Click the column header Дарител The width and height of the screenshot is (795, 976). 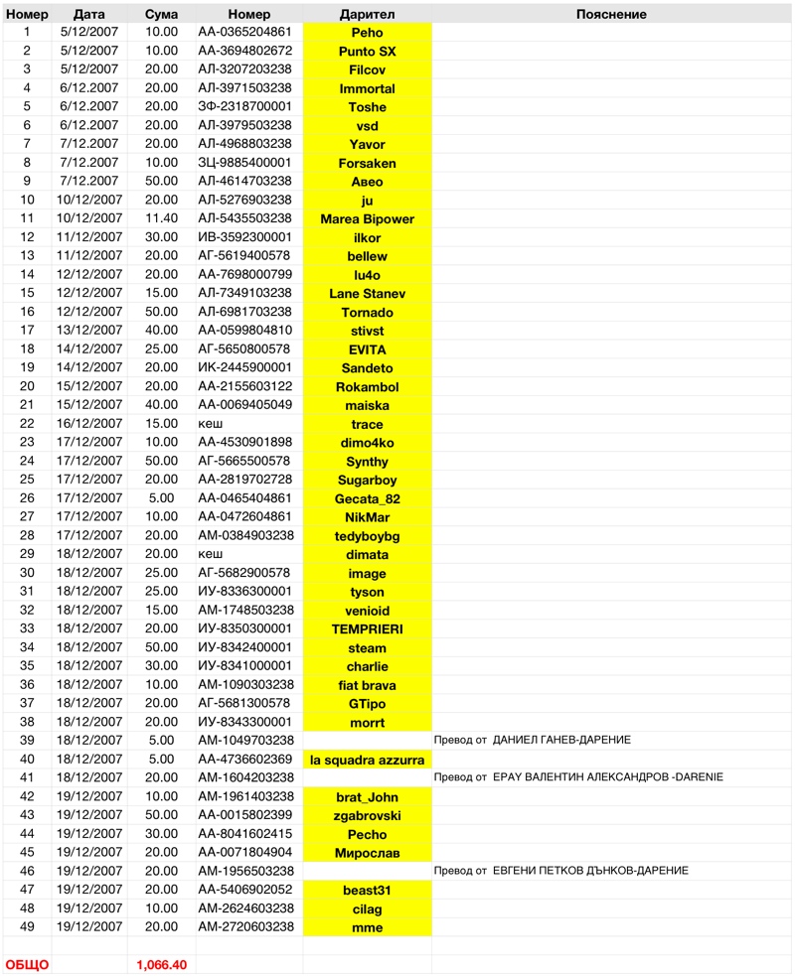point(367,14)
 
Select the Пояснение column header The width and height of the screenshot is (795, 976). point(611,14)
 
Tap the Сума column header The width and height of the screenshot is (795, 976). point(162,14)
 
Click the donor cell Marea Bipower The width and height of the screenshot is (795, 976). point(367,218)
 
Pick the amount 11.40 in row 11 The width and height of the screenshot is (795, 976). point(162,218)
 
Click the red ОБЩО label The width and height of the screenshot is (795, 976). point(28,964)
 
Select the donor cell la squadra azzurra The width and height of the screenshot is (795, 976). point(367,760)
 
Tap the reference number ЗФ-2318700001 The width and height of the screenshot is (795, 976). point(244,107)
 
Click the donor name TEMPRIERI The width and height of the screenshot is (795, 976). point(367,629)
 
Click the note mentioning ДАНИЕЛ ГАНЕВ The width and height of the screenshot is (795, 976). point(532,741)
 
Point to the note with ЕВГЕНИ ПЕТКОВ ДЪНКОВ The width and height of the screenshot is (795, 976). point(560,871)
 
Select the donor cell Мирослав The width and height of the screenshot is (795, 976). point(367,853)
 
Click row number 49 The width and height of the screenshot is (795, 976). point(27,927)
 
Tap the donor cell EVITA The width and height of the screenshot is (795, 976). point(367,349)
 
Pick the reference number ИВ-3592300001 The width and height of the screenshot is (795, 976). point(244,237)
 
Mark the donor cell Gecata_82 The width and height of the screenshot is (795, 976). point(367,498)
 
